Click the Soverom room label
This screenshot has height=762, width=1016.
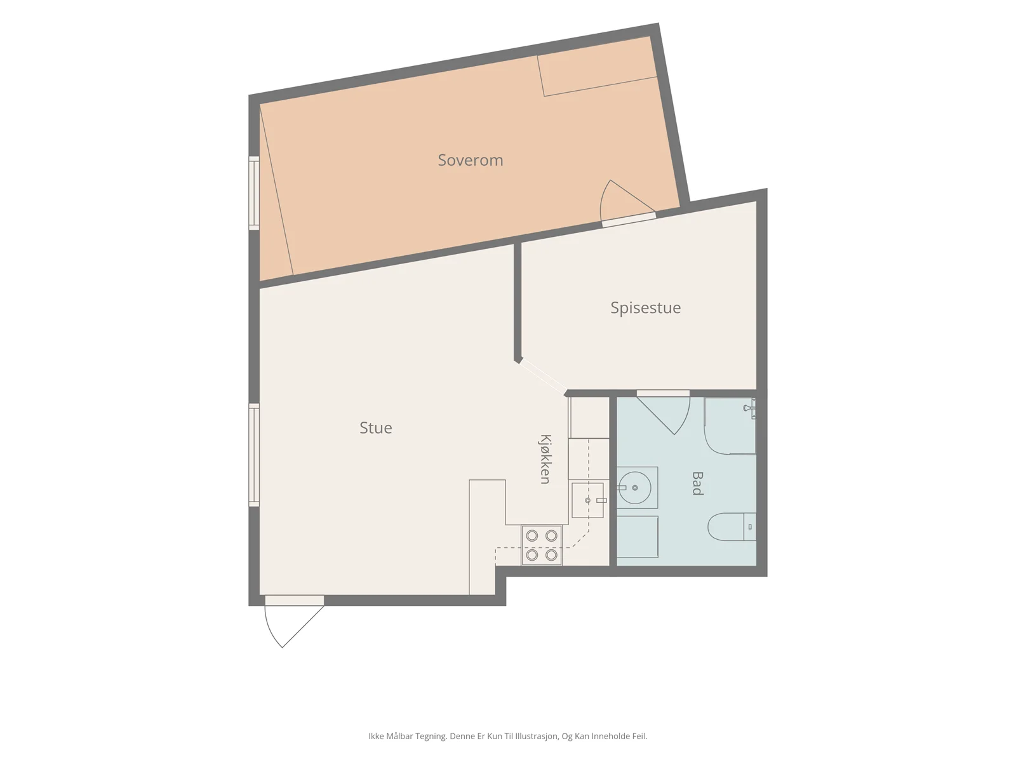click(x=470, y=160)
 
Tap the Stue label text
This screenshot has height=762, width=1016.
click(x=375, y=427)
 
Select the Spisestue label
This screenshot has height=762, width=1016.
click(x=645, y=308)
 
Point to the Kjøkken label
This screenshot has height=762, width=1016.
click(x=545, y=459)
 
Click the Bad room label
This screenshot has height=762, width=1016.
click(x=697, y=483)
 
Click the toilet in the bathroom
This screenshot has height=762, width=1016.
click(x=732, y=526)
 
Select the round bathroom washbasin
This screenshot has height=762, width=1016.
click(x=634, y=488)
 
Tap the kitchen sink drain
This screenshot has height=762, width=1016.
click(x=587, y=500)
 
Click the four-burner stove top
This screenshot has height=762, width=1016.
click(x=542, y=545)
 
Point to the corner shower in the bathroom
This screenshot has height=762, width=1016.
click(x=730, y=425)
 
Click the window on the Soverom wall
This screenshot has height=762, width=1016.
click(x=253, y=193)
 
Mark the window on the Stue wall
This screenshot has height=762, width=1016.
click(x=253, y=454)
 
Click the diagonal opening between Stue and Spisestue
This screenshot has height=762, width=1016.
click(x=542, y=377)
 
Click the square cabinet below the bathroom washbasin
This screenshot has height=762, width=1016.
click(x=638, y=537)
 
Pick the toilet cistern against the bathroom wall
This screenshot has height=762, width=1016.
click(x=750, y=526)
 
